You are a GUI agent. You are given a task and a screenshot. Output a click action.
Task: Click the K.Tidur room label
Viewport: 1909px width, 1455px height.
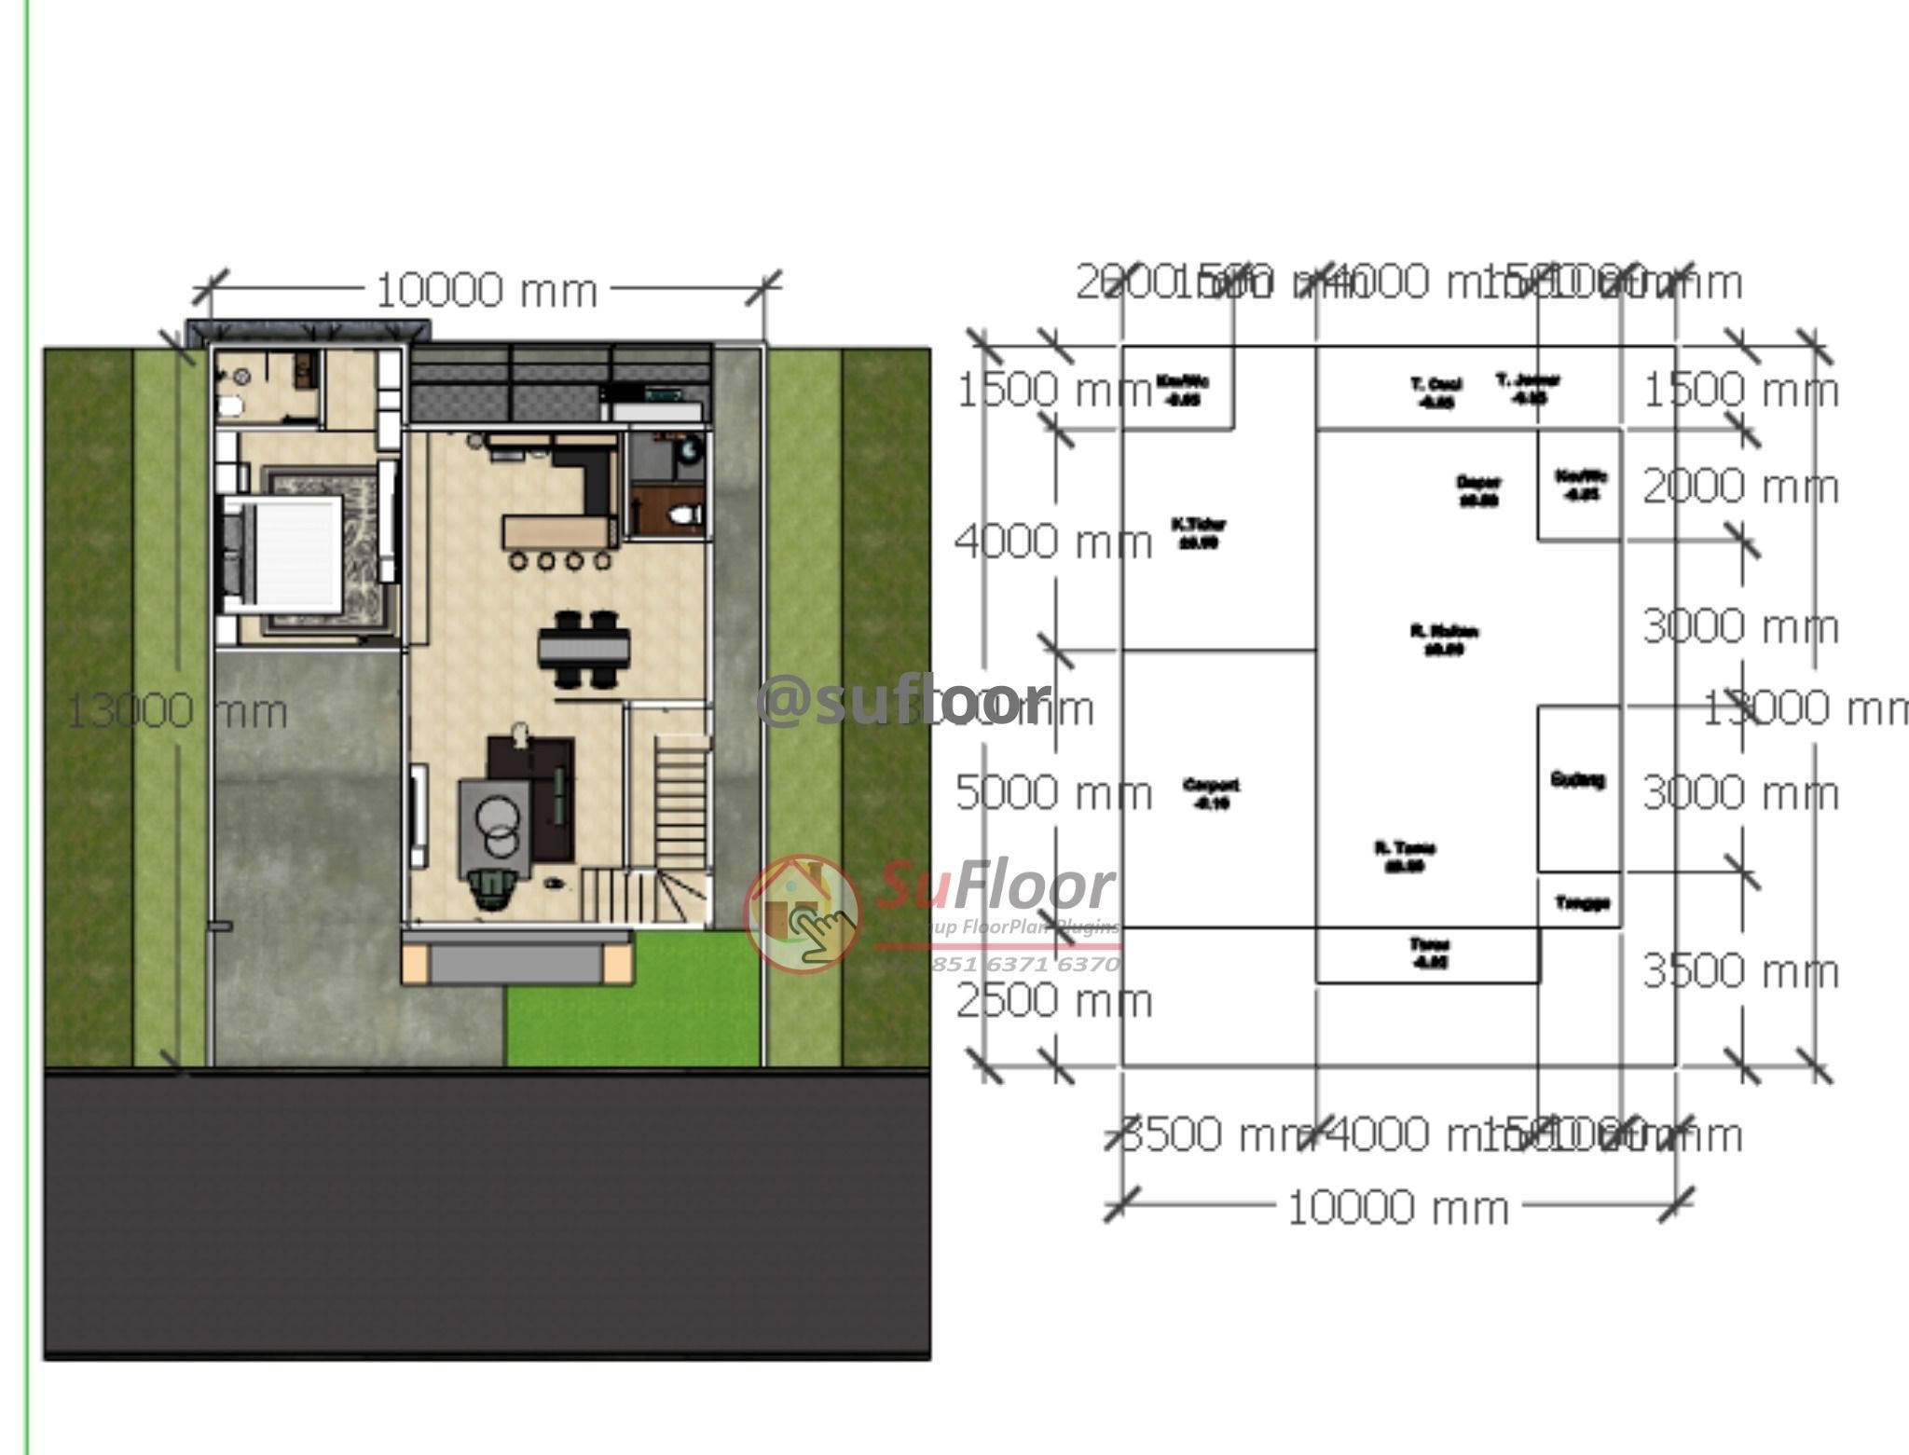[1198, 532]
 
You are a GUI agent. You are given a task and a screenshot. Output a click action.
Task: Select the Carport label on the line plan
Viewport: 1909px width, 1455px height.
[1211, 793]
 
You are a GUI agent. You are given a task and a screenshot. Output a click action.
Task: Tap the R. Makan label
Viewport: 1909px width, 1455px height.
[1443, 639]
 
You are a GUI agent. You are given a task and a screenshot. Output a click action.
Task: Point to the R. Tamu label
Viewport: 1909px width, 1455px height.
[1405, 856]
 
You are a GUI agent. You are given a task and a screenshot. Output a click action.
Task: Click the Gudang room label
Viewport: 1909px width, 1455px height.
[1578, 779]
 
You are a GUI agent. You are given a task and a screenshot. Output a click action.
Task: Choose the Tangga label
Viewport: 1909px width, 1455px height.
[1583, 902]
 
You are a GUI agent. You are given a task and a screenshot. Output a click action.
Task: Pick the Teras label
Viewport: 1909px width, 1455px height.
[1429, 953]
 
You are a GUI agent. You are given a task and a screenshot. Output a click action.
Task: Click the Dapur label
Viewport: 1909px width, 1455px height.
[1478, 490]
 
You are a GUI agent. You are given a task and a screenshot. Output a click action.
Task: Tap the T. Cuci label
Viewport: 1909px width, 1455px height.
[1435, 391]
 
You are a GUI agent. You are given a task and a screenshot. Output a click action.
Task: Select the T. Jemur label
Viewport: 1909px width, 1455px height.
[1528, 388]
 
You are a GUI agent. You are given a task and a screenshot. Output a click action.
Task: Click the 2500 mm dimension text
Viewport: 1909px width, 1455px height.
[1053, 1002]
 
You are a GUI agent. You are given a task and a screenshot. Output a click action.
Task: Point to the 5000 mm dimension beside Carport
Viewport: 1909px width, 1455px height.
[1053, 794]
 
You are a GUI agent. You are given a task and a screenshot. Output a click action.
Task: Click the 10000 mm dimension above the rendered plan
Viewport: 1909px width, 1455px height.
[486, 291]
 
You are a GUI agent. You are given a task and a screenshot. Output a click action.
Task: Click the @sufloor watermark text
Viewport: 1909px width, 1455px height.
[902, 701]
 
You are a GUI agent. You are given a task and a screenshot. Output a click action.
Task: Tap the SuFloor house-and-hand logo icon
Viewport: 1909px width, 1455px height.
[802, 913]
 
